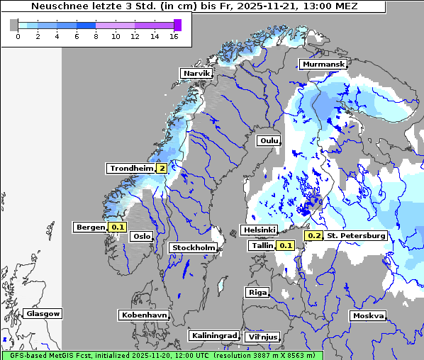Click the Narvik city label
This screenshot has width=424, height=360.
[196, 73]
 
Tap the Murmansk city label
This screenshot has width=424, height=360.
[323, 64]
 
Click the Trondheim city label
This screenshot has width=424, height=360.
[131, 169]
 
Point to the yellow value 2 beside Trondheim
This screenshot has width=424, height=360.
[162, 169]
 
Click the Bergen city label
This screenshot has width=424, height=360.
[90, 227]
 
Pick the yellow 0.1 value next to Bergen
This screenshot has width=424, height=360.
[117, 227]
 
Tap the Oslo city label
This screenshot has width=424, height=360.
[142, 236]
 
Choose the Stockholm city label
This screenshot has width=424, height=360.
[193, 247]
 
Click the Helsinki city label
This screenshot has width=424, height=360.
[259, 230]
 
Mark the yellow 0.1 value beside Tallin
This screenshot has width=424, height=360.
[285, 245]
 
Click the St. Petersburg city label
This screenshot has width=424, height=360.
[356, 235]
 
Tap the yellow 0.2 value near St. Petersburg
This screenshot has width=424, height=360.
[313, 235]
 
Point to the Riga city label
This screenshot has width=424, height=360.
[256, 292]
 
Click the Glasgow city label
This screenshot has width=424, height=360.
[43, 313]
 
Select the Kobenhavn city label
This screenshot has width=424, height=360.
[144, 315]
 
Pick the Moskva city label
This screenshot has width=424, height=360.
[368, 315]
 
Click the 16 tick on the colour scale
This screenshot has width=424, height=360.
[174, 37]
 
